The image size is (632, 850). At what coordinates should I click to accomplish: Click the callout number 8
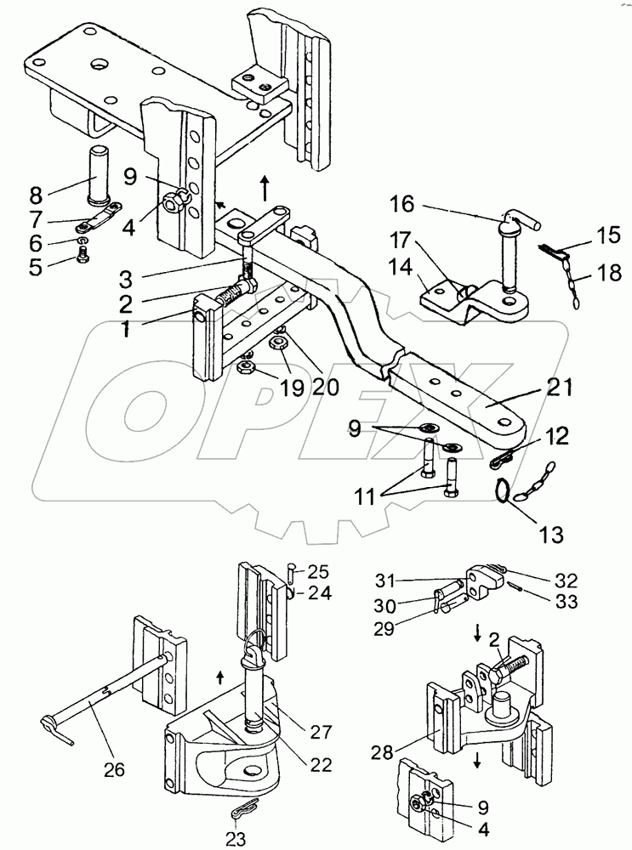(x=36, y=195)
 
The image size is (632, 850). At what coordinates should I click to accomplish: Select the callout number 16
(x=401, y=205)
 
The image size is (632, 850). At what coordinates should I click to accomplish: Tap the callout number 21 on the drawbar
(x=560, y=388)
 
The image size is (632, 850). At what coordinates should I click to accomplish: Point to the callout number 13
(x=550, y=535)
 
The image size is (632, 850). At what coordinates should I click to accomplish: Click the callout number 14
(x=401, y=268)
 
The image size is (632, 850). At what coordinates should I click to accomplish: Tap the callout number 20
(x=326, y=387)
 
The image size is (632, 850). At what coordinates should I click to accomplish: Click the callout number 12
(x=555, y=436)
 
